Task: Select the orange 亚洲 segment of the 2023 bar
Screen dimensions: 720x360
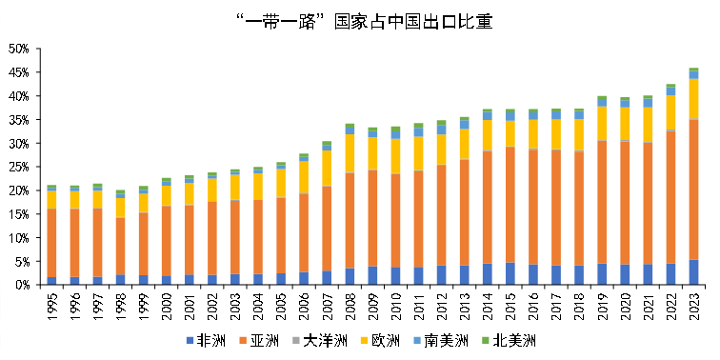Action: tap(693, 190)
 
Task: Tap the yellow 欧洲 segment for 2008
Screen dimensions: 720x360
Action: tap(350, 153)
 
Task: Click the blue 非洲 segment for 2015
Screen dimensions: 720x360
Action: tap(510, 273)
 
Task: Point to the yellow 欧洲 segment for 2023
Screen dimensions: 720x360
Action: tap(693, 99)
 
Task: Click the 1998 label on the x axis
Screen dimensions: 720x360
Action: tap(121, 305)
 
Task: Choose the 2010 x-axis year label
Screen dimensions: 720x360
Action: tap(396, 305)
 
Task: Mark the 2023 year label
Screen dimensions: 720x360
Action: tap(694, 305)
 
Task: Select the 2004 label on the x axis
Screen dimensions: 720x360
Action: tap(258, 305)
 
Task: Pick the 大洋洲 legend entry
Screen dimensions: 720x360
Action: tap(320, 341)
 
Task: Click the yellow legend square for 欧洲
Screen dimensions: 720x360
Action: tap(360, 341)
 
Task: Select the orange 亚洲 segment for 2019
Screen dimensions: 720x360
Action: tap(602, 202)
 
